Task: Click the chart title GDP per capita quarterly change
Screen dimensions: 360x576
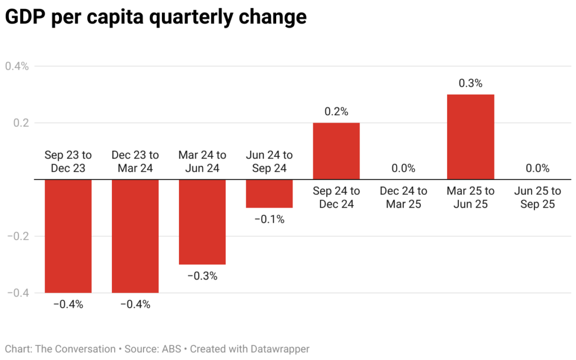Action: pyautogui.click(x=156, y=17)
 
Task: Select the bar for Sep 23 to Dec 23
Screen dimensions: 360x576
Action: pyautogui.click(x=68, y=236)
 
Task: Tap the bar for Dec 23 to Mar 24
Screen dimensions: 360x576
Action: pyautogui.click(x=135, y=236)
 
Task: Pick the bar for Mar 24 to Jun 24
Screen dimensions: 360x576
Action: pyautogui.click(x=202, y=222)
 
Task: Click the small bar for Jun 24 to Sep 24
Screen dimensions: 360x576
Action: pyautogui.click(x=269, y=193)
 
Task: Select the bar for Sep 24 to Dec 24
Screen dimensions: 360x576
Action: pyautogui.click(x=336, y=151)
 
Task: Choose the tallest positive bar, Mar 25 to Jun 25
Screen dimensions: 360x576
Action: pyautogui.click(x=470, y=137)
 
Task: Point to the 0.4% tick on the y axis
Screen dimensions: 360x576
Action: pyautogui.click(x=17, y=66)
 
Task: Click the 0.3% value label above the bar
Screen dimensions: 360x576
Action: pyautogui.click(x=470, y=83)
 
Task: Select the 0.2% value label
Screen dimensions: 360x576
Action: pyautogui.click(x=336, y=111)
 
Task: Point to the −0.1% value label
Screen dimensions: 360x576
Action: pyautogui.click(x=269, y=219)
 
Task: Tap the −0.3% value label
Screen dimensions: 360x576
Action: pyautogui.click(x=202, y=276)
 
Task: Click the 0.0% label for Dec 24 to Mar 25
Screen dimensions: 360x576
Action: pyautogui.click(x=403, y=168)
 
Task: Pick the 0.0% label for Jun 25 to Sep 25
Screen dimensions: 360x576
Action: pyautogui.click(x=537, y=168)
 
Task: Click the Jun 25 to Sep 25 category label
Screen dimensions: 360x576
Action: pyautogui.click(x=537, y=197)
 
